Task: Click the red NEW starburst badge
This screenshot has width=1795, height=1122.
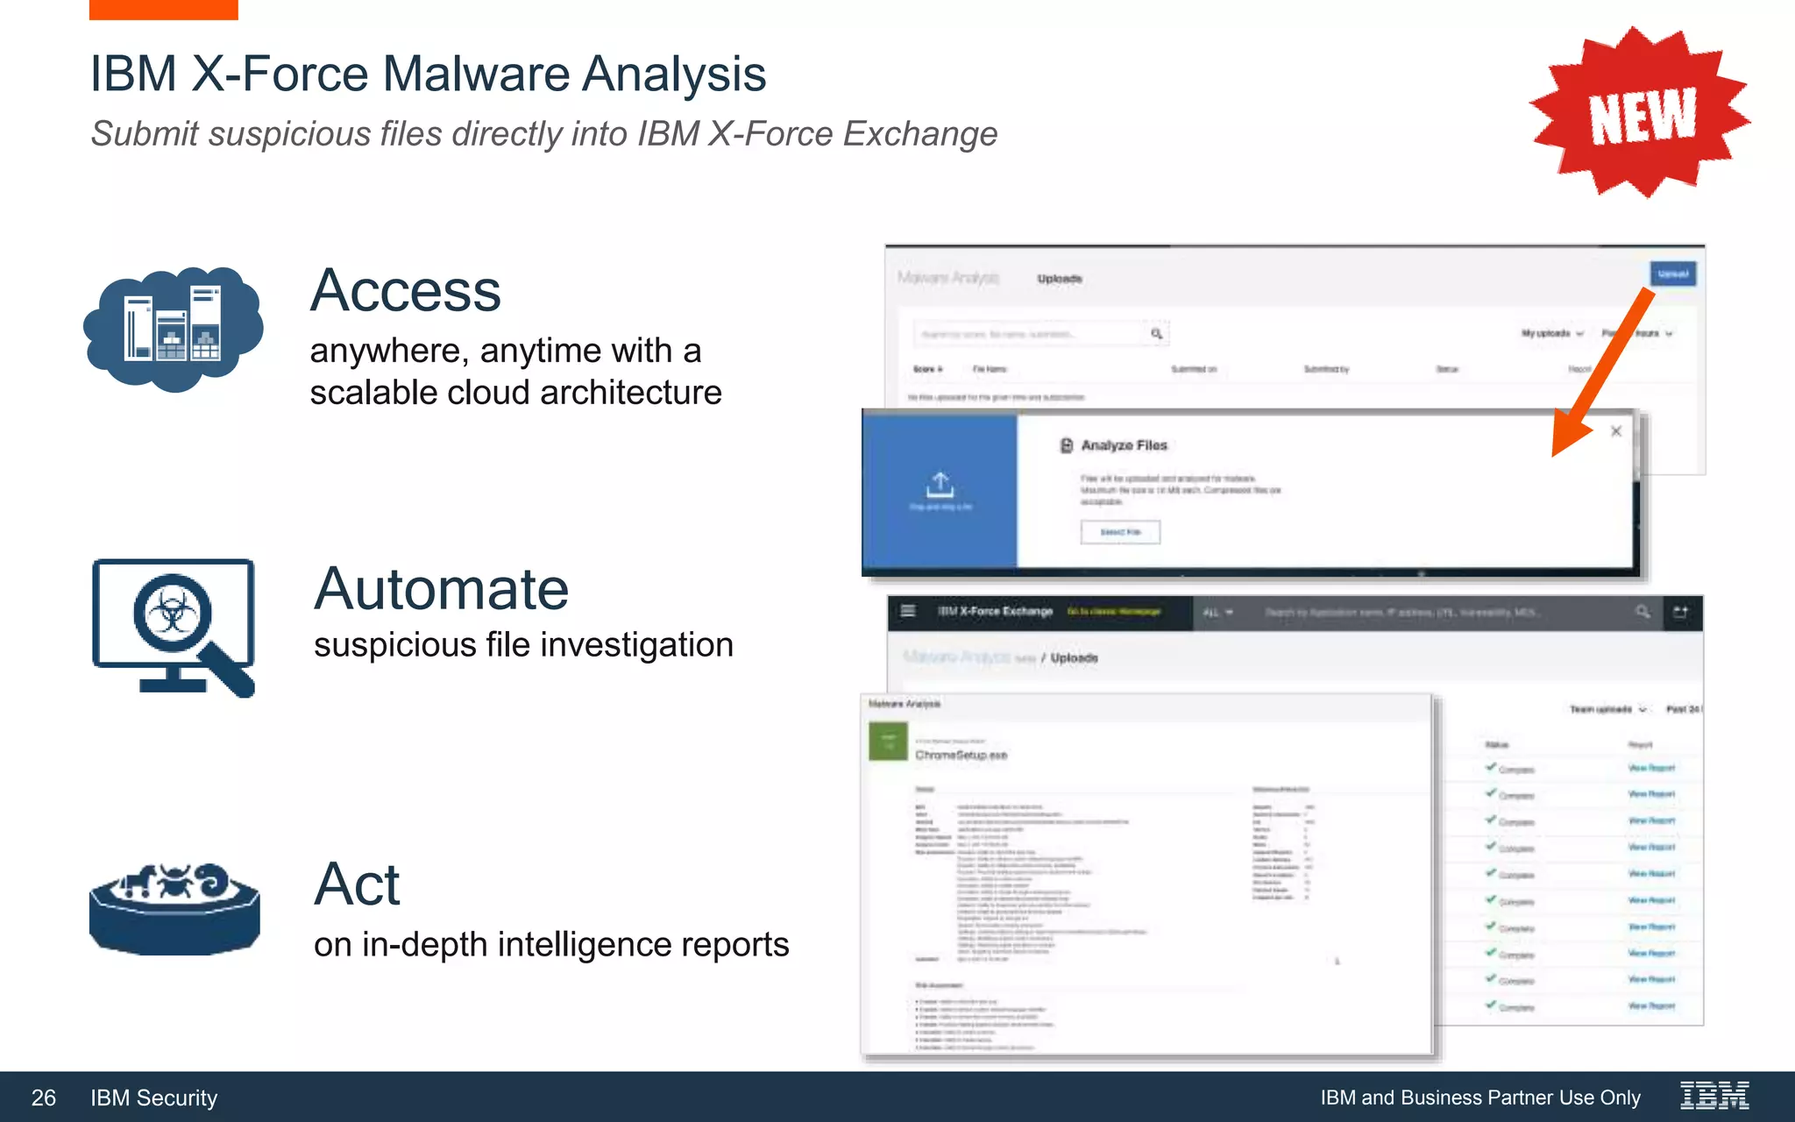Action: pyautogui.click(x=1640, y=113)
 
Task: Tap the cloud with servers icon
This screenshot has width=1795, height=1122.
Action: pyautogui.click(x=174, y=329)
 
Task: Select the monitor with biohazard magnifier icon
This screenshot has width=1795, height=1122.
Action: pyautogui.click(x=174, y=626)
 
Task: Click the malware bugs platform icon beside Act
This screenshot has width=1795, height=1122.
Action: pyautogui.click(x=174, y=907)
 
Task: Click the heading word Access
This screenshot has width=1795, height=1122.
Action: pyautogui.click(x=406, y=291)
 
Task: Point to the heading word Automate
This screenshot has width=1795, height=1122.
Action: pyautogui.click(x=442, y=589)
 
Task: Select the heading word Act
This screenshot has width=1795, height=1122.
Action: pyautogui.click(x=357, y=884)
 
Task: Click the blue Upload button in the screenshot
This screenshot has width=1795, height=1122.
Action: pyautogui.click(x=1672, y=274)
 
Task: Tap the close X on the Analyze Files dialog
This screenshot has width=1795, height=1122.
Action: pyautogui.click(x=1616, y=431)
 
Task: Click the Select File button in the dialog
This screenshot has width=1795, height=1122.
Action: pyautogui.click(x=1120, y=532)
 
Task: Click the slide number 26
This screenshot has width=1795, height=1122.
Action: pyautogui.click(x=44, y=1097)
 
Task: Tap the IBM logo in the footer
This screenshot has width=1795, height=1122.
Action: pyautogui.click(x=1714, y=1096)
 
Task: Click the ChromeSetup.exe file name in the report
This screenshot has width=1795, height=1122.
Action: pyautogui.click(x=961, y=755)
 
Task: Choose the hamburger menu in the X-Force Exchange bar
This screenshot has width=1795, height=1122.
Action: pyautogui.click(x=908, y=611)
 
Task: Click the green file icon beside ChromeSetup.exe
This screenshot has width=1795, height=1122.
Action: pyautogui.click(x=888, y=742)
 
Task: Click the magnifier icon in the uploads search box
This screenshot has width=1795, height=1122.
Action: pyautogui.click(x=1157, y=334)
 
